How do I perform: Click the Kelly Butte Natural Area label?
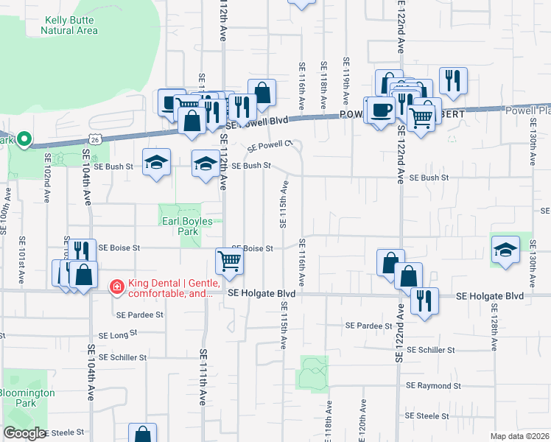70,26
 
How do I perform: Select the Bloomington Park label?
27,398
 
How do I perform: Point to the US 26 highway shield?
95,138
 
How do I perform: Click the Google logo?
24,433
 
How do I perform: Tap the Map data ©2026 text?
519,436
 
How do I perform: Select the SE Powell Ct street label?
270,145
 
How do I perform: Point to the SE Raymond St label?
433,385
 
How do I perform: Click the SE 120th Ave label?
362,420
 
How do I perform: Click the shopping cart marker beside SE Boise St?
229,260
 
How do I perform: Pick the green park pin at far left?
24,138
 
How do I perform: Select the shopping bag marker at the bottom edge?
142,435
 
